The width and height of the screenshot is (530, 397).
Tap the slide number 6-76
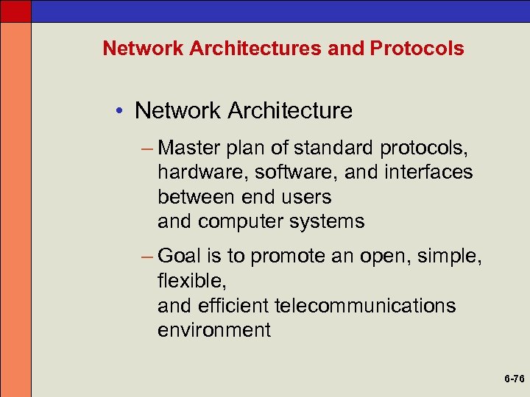coord(515,379)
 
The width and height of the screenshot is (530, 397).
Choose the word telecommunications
coord(364,305)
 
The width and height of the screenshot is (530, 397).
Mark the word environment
coord(213,330)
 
